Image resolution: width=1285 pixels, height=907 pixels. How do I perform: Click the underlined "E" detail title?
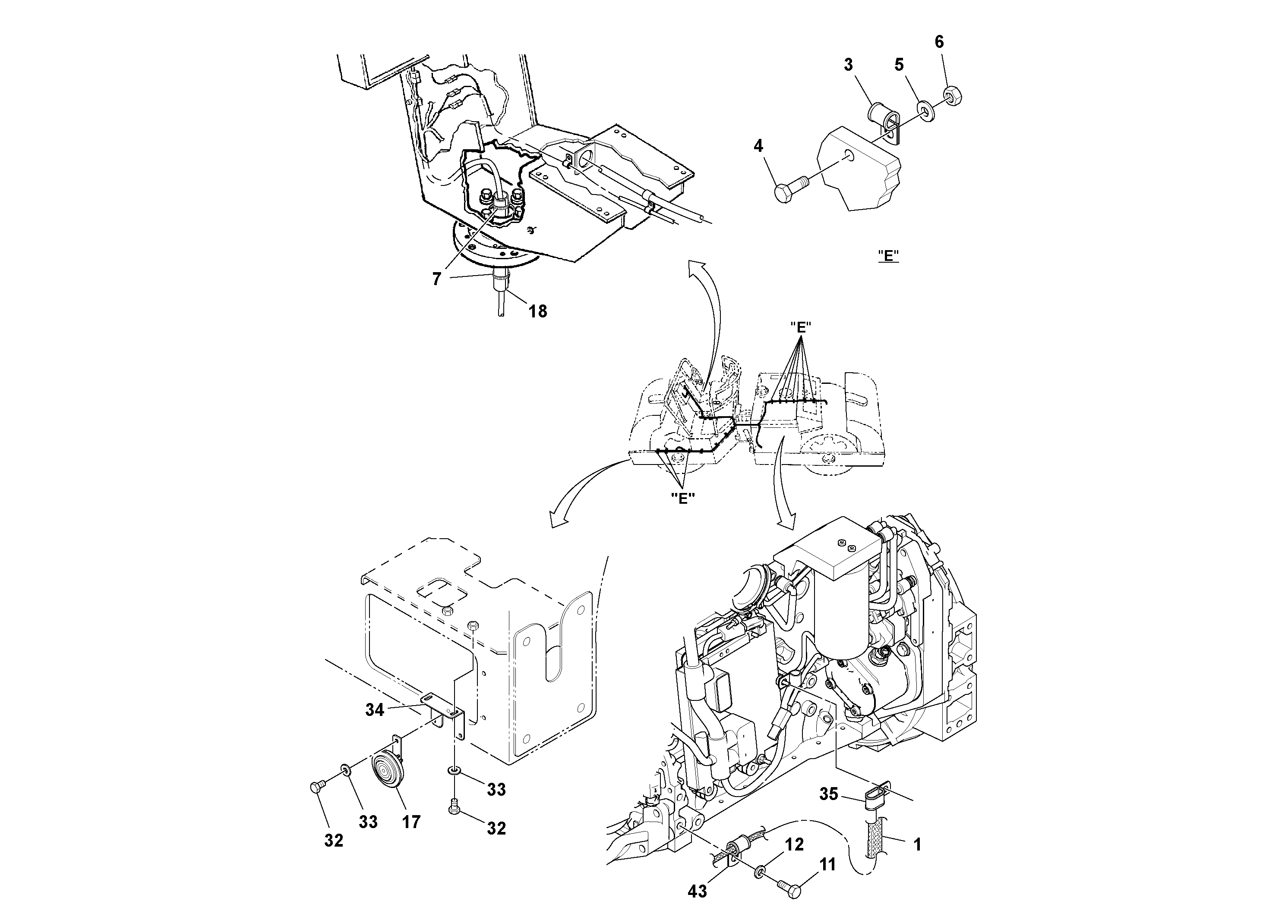(x=888, y=256)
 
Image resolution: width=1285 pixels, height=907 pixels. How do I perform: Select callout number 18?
(x=538, y=311)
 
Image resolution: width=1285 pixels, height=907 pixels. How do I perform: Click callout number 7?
(x=436, y=279)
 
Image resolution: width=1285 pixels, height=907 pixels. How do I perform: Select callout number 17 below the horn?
(x=411, y=822)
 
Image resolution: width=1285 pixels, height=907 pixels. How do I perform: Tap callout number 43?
(x=698, y=891)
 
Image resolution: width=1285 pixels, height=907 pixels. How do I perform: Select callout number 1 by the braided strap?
(x=917, y=844)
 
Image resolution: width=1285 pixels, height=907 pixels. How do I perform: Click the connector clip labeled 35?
(x=873, y=810)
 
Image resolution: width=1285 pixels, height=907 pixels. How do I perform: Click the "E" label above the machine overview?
(x=801, y=328)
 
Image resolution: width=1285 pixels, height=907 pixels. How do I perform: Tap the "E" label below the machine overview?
(x=682, y=499)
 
